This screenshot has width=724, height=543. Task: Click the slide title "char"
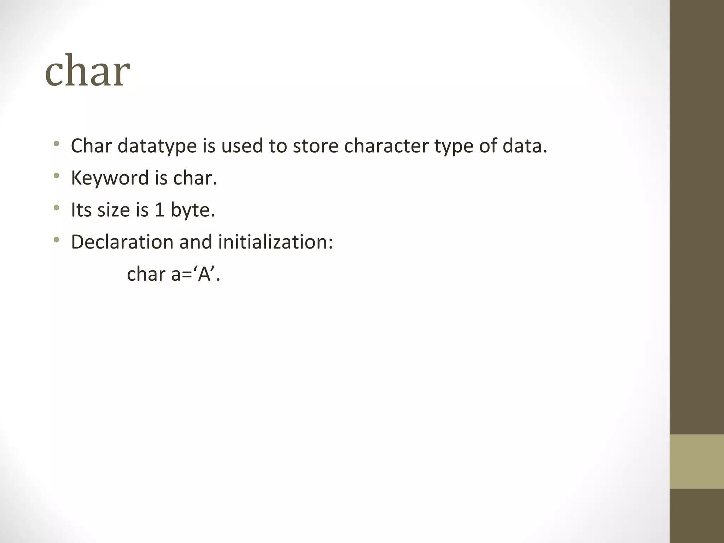tap(87, 71)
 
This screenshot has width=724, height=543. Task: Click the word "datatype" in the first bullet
tap(157, 146)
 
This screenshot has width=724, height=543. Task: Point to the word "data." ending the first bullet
tap(525, 146)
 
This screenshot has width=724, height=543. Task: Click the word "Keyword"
tap(110, 178)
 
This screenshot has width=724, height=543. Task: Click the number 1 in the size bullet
tap(159, 210)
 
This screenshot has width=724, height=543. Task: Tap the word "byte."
tap(193, 210)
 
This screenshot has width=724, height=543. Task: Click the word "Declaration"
tap(122, 242)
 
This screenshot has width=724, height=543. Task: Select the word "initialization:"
tap(275, 242)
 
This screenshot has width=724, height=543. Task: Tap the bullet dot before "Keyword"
tap(56, 176)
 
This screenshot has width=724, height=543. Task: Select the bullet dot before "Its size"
tap(56, 208)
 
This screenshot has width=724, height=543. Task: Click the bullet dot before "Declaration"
tap(56, 240)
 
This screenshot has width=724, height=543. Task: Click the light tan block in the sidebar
tap(696, 461)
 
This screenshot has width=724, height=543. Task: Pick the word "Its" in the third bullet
tap(81, 210)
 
